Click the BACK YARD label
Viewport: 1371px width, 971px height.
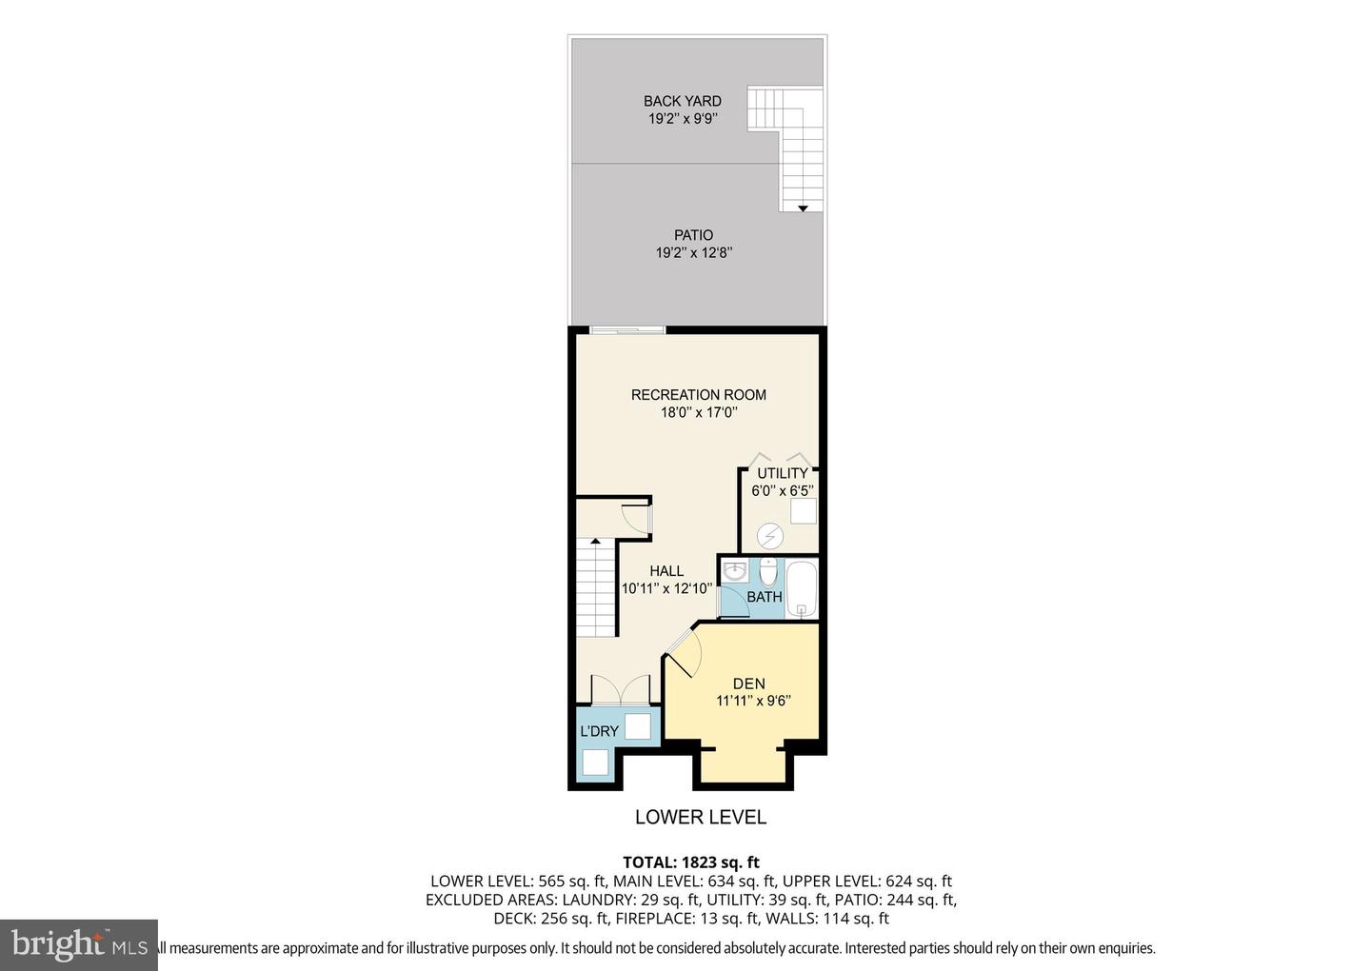682,101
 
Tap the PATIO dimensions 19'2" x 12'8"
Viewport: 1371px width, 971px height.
693,253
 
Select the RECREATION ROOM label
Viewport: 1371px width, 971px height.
698,395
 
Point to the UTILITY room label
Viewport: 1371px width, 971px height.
783,473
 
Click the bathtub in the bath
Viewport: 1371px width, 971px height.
802,588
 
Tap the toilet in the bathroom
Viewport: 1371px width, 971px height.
768,573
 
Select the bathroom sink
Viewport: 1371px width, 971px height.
734,572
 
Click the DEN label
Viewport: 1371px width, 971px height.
748,684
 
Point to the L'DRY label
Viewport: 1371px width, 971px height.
600,731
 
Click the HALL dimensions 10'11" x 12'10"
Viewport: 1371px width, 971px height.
666,588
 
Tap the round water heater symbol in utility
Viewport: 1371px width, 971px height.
769,537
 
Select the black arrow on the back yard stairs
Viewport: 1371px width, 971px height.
803,208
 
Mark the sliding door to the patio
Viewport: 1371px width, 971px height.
626,330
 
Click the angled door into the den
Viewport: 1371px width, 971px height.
683,653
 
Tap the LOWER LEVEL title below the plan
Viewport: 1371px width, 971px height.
700,817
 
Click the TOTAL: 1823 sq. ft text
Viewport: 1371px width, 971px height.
690,862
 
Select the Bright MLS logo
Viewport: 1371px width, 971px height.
78,944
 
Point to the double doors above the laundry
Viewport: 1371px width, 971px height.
620,690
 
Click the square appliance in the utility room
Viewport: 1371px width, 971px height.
803,511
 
